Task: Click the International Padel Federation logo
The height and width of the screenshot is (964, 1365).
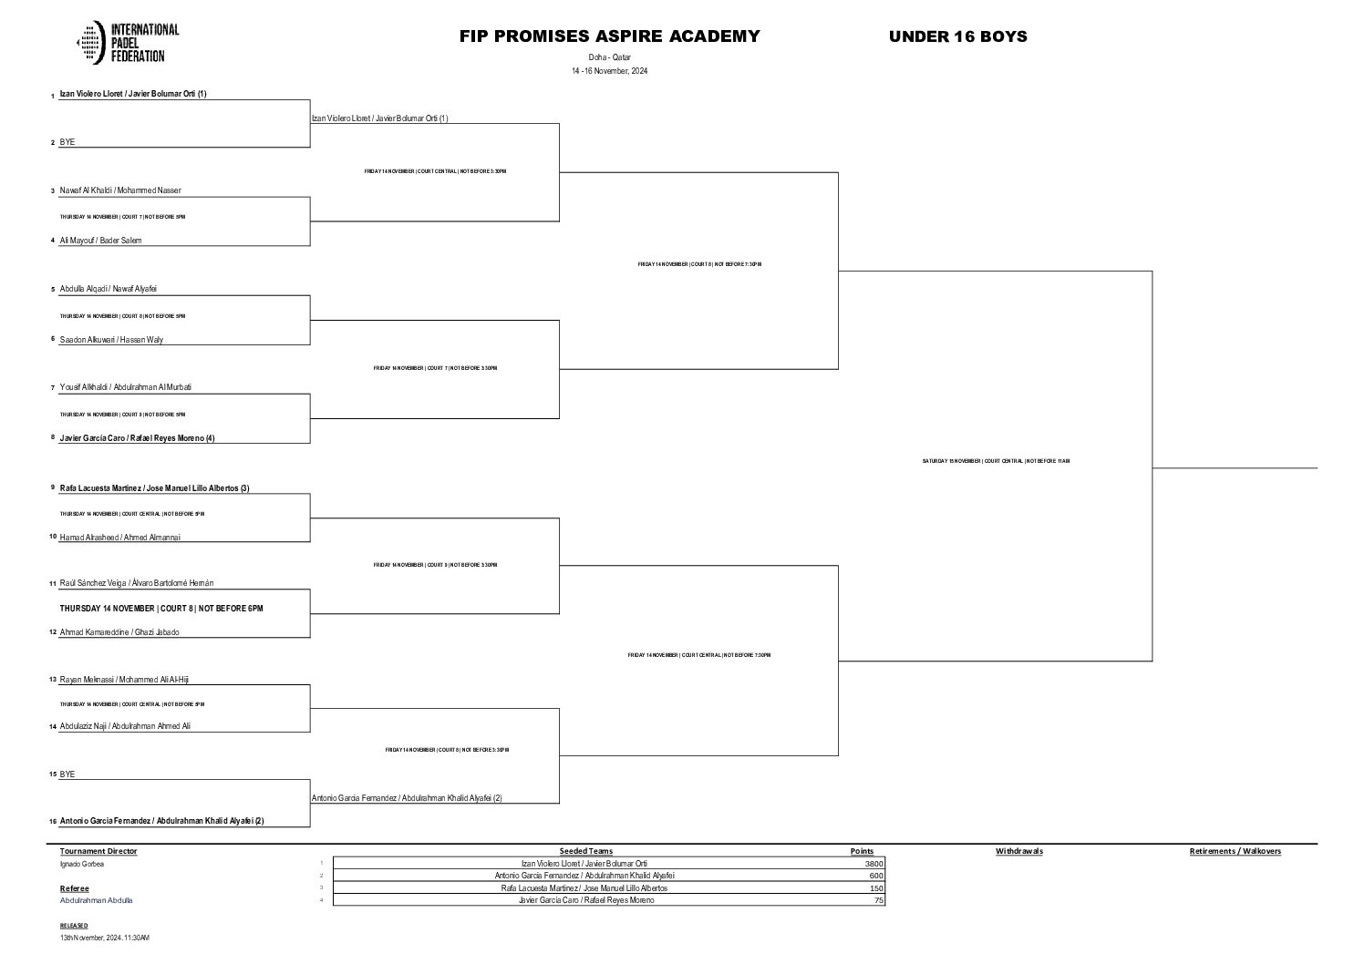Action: click(128, 43)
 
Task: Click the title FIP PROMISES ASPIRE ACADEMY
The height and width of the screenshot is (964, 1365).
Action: click(609, 36)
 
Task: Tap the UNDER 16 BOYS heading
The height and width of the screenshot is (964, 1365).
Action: click(957, 36)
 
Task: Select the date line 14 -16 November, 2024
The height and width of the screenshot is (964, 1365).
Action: click(609, 71)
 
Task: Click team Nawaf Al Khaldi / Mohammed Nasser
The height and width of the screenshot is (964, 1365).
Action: click(120, 190)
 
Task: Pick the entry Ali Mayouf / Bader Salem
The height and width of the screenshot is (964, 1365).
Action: click(100, 241)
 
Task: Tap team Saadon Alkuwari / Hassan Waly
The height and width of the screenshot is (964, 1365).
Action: click(111, 340)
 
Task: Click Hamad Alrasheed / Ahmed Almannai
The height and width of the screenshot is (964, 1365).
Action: click(119, 538)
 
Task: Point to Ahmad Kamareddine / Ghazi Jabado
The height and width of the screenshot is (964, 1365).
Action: click(119, 632)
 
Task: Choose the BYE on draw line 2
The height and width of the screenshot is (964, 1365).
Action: click(67, 142)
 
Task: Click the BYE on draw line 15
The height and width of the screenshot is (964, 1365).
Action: click(67, 774)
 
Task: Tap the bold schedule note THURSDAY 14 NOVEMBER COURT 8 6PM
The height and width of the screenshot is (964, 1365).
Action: click(161, 608)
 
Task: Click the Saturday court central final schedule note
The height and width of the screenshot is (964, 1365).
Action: click(996, 461)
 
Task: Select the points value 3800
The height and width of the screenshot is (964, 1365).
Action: click(874, 864)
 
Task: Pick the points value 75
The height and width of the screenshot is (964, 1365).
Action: click(877, 900)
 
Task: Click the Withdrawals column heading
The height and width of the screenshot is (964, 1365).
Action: click(1019, 851)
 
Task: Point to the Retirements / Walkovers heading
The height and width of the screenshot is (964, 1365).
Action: click(1235, 851)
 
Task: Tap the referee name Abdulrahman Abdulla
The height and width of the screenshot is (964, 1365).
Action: click(96, 900)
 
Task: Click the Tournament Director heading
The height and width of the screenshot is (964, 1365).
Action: click(98, 851)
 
